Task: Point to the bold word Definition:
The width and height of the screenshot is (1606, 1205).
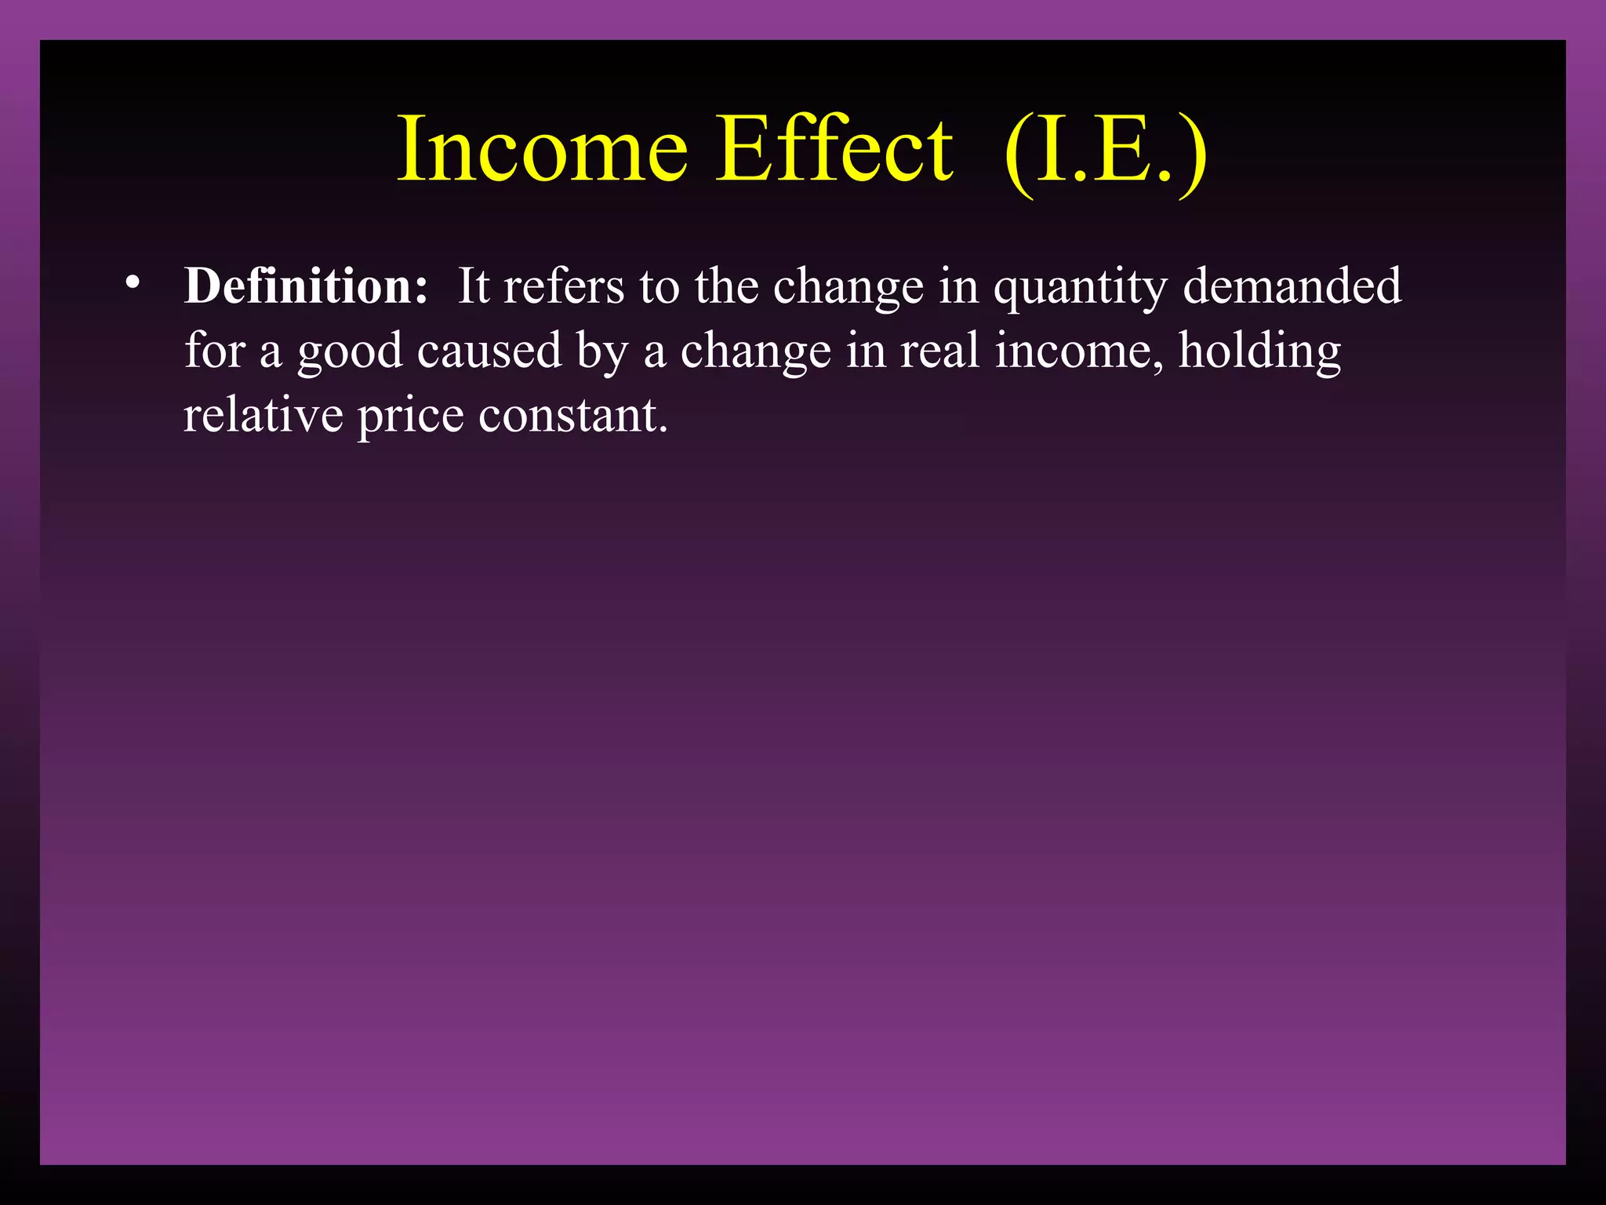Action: tap(306, 286)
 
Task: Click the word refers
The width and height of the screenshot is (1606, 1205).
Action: tap(564, 286)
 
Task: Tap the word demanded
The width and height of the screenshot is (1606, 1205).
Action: tap(1292, 286)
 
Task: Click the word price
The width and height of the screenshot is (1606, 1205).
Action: tap(411, 416)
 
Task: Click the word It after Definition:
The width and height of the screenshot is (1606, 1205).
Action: tap(474, 286)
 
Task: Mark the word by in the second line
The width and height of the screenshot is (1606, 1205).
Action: tap(602, 351)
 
